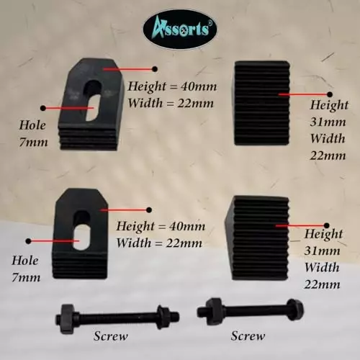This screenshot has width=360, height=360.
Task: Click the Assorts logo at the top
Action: (x=180, y=30)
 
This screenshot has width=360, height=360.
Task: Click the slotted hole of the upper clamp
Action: (x=93, y=100)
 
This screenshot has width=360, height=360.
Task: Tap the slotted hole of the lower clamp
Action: (x=81, y=230)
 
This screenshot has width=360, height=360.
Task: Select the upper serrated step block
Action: (x=262, y=103)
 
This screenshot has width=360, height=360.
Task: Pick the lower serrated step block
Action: (x=257, y=238)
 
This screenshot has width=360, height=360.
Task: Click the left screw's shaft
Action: (x=117, y=318)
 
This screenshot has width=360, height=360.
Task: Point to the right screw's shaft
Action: (x=254, y=310)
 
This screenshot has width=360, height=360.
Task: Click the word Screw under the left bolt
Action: (x=111, y=336)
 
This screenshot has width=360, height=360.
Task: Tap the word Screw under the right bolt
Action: (x=248, y=336)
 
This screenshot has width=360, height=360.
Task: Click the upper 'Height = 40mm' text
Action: (x=172, y=87)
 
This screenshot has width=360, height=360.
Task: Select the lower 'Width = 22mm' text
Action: (x=159, y=243)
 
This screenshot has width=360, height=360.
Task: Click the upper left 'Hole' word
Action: (x=32, y=125)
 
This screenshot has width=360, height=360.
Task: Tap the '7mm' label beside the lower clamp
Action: (x=26, y=278)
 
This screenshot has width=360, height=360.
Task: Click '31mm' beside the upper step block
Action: (x=328, y=122)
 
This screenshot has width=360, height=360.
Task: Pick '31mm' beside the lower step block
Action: (x=322, y=251)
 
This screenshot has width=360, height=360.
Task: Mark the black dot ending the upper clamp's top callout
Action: (x=155, y=69)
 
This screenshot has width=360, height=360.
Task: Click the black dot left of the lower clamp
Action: (x=29, y=240)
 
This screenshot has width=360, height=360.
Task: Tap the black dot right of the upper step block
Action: (x=330, y=94)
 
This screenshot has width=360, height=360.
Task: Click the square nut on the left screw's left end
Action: (x=64, y=319)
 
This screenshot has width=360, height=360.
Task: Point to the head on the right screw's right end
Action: (x=296, y=310)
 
